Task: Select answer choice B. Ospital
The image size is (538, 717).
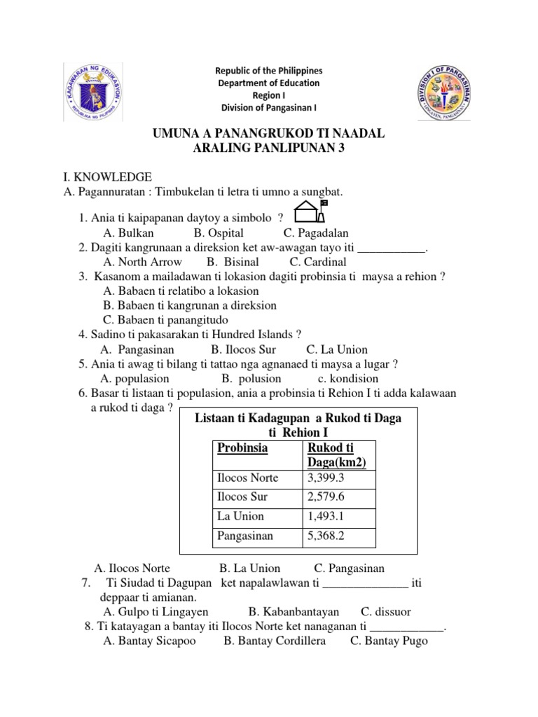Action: tap(219, 233)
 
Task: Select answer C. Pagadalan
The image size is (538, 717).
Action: tap(316, 233)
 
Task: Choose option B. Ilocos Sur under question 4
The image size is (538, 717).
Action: tap(243, 349)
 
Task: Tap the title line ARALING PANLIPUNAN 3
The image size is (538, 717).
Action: tap(268, 148)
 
